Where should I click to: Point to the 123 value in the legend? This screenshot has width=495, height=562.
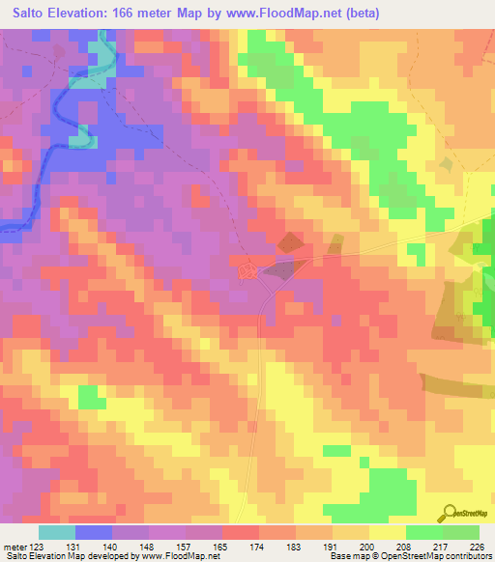click(x=39, y=547)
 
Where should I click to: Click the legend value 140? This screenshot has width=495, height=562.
click(x=111, y=547)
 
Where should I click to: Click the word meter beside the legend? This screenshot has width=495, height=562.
click(x=14, y=547)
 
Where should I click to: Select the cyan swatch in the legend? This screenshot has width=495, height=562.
click(x=57, y=533)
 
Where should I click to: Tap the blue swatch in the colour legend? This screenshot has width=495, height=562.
click(x=94, y=533)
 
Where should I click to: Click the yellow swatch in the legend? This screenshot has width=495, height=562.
click(x=387, y=533)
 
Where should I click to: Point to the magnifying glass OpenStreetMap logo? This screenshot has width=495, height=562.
click(x=448, y=513)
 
